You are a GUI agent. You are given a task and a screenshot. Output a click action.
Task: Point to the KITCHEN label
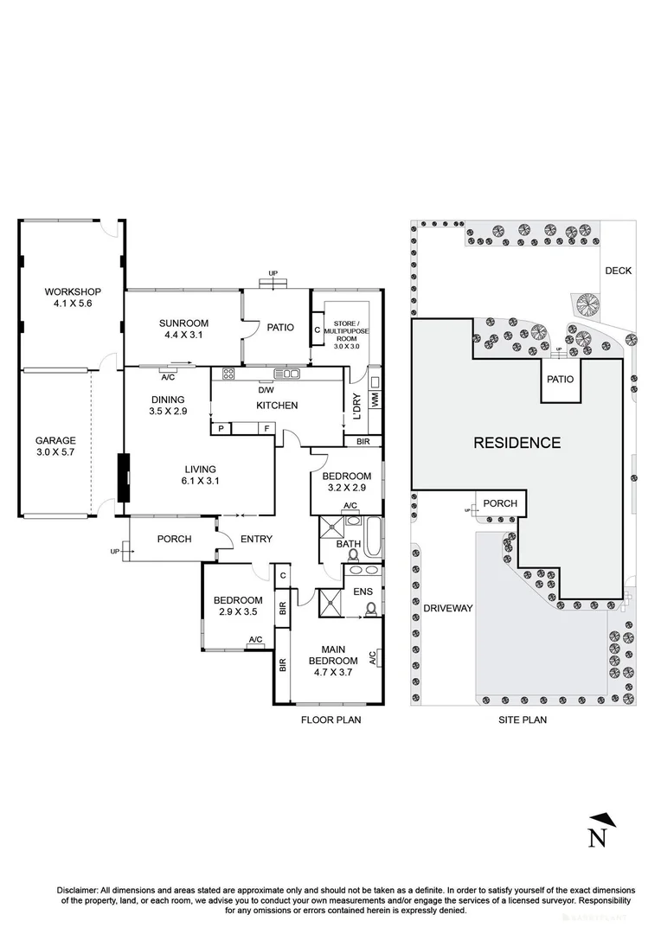tap(277, 406)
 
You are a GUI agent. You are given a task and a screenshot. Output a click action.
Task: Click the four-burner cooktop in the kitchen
tap(229, 374)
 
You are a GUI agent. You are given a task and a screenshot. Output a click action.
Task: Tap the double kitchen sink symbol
tap(286, 374)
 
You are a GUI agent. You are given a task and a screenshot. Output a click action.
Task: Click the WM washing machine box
tap(375, 400)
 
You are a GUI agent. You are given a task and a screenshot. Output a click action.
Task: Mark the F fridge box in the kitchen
tap(266, 428)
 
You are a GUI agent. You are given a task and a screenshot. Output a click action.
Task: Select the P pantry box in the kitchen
tap(221, 428)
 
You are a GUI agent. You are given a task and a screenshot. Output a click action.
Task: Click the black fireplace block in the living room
tap(124, 477)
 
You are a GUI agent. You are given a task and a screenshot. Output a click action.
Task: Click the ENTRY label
tap(256, 540)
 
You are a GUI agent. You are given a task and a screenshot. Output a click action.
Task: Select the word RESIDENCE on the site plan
tap(517, 443)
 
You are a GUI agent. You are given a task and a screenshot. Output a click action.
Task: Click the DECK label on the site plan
tap(618, 271)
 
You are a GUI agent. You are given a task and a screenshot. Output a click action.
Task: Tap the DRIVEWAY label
tap(448, 608)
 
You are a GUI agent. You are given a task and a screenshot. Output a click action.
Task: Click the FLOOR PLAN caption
tap(330, 719)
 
